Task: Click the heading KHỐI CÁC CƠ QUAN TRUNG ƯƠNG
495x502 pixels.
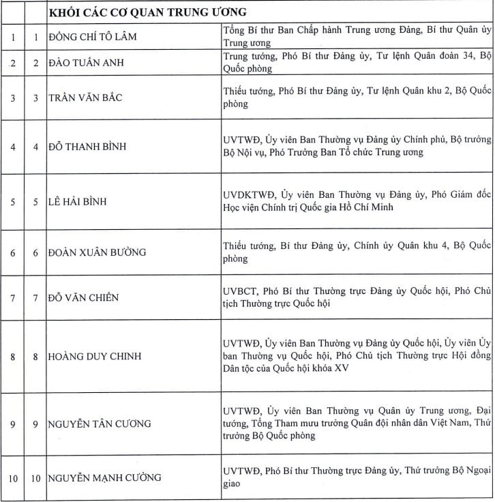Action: pos(148,12)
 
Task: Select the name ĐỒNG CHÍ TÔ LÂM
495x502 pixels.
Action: pos(93,36)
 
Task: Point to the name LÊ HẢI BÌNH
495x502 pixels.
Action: pos(78,202)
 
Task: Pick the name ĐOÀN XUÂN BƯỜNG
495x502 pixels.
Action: pos(97,252)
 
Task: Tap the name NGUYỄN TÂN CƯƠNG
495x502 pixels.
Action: pos(100,424)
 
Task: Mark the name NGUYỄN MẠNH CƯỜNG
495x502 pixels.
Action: pos(104,477)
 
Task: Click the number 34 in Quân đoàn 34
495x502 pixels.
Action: pos(453,55)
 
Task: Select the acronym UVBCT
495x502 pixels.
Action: pos(239,291)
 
